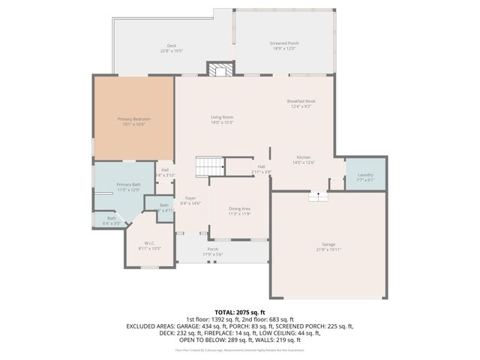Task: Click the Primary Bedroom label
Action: click(133, 119)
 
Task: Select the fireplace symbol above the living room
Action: click(220, 70)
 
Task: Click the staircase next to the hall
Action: click(210, 166)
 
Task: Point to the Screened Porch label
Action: click(283, 43)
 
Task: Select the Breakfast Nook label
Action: click(300, 101)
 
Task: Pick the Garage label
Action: click(328, 244)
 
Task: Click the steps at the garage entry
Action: click(318, 196)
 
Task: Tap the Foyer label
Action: click(190, 199)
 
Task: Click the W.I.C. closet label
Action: click(151, 243)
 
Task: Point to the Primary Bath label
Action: click(128, 184)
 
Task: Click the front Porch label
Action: click(212, 249)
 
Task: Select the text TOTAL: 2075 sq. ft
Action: click(240, 312)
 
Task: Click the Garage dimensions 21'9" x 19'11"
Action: click(328, 249)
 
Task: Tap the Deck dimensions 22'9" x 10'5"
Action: click(171, 50)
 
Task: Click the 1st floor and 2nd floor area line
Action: click(240, 319)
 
